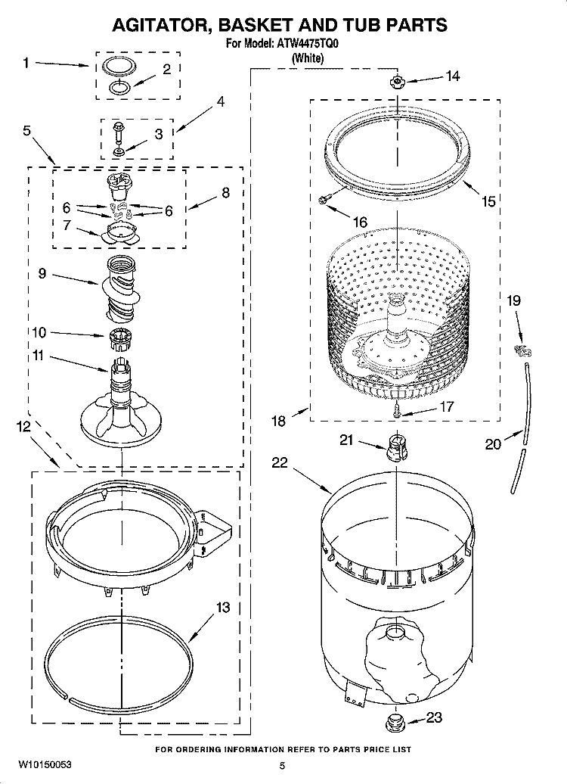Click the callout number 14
click(452, 76)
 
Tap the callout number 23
click(434, 718)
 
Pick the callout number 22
click(280, 463)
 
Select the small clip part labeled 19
click(519, 349)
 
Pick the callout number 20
click(493, 444)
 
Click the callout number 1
click(26, 64)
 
